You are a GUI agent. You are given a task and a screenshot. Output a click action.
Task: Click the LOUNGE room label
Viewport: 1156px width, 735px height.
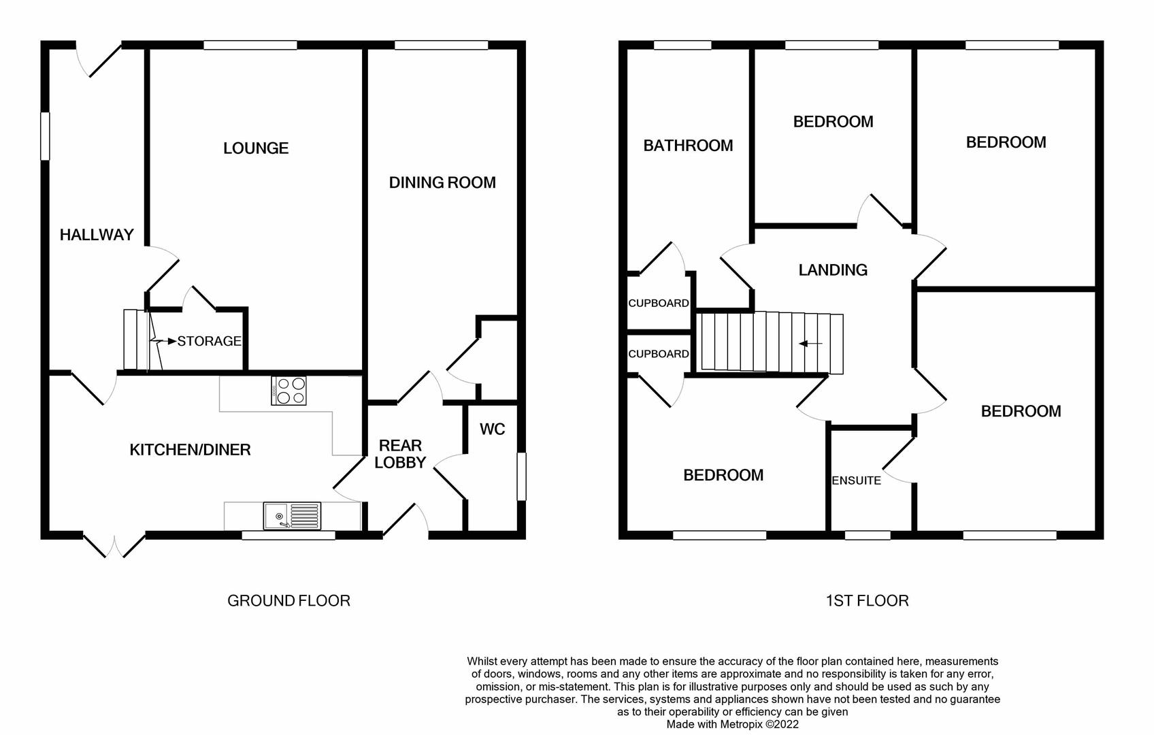point(256,148)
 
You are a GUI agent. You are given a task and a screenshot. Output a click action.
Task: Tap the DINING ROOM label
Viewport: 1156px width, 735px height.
point(442,182)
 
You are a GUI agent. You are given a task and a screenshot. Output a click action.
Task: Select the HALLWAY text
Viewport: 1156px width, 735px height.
point(97,235)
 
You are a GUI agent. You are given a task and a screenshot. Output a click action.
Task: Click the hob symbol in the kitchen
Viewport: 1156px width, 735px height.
point(288,391)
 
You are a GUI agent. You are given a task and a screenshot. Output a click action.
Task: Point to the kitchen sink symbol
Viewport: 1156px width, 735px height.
point(292,515)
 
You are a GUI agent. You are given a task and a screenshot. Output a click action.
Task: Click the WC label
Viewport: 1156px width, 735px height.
point(492,429)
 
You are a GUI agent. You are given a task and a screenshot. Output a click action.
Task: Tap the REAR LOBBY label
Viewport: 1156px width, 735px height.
point(400,454)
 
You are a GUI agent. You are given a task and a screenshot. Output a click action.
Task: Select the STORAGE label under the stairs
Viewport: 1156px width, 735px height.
point(209,341)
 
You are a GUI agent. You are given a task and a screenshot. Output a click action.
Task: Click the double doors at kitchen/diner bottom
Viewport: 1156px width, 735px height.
point(115,545)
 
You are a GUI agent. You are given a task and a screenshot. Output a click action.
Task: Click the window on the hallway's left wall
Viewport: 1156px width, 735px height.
point(45,136)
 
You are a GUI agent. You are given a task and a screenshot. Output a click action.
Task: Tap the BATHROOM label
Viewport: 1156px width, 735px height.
point(688,146)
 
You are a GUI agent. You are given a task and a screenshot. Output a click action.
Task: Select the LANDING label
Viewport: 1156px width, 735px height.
point(833,270)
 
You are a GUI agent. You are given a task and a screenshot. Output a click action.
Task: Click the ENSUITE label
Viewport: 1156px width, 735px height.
point(856,480)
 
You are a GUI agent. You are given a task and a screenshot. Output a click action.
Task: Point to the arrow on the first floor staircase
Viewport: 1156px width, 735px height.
point(810,344)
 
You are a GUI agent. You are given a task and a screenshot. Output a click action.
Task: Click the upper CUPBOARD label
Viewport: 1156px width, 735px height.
point(658,304)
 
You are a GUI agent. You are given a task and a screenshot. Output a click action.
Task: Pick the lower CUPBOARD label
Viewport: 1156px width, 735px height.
point(658,354)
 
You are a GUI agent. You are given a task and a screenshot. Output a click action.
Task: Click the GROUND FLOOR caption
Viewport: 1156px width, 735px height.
point(288,601)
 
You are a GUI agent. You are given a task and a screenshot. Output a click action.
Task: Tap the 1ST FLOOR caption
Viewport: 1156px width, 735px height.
point(867,601)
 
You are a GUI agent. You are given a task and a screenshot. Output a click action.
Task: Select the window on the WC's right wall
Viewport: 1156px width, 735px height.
point(522,476)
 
